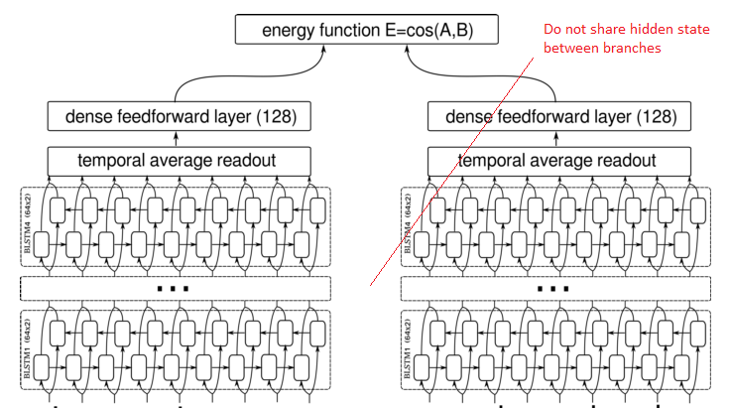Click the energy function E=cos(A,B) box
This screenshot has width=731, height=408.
pyautogui.click(x=366, y=30)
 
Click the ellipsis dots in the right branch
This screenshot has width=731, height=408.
pyautogui.click(x=552, y=289)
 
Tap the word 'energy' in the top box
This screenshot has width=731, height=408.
pyautogui.click(x=289, y=31)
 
